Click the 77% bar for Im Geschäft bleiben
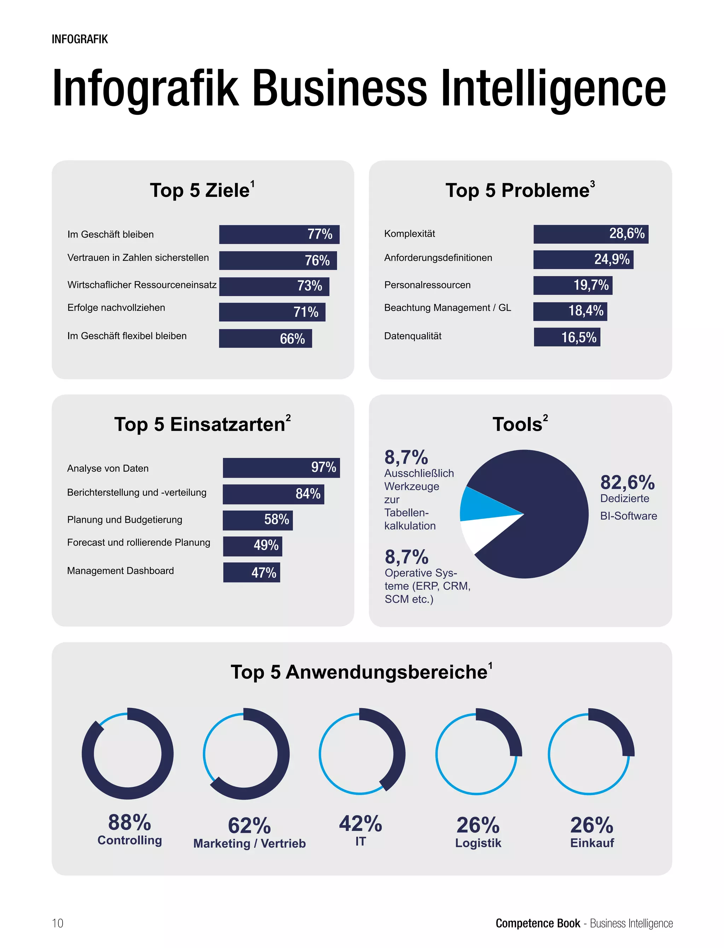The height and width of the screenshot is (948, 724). point(279,234)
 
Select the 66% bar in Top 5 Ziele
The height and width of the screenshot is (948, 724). point(265,338)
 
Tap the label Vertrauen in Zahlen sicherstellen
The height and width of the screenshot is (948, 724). point(138,258)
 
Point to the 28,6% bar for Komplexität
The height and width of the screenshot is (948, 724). point(590,234)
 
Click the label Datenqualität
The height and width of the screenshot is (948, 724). point(413,336)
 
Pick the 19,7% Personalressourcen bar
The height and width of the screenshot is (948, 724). point(572,285)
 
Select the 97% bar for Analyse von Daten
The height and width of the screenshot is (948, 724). point(281,468)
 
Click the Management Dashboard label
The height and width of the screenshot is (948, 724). point(120,571)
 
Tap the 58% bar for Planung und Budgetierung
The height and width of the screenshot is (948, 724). point(257,520)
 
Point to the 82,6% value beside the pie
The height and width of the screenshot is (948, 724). point(627,482)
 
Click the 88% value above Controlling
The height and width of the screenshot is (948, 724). point(129,822)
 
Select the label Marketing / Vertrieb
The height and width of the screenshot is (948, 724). point(250,844)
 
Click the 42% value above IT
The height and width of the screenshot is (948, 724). point(360,824)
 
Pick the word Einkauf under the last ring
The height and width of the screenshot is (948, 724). point(592,843)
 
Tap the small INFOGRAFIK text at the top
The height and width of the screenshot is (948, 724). point(80,39)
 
